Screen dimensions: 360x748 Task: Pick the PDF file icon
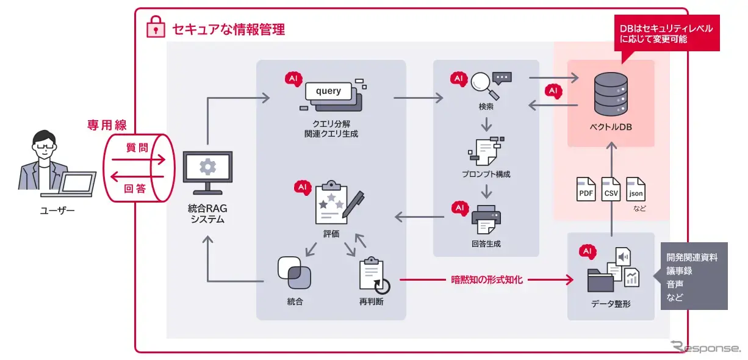586,190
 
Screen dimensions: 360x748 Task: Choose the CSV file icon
611,190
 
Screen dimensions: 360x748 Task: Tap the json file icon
636,190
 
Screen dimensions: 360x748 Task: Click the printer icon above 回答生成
486,219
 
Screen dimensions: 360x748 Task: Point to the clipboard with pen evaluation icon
337,204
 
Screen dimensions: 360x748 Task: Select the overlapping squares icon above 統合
294,273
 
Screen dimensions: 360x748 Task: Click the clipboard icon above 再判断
373,276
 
